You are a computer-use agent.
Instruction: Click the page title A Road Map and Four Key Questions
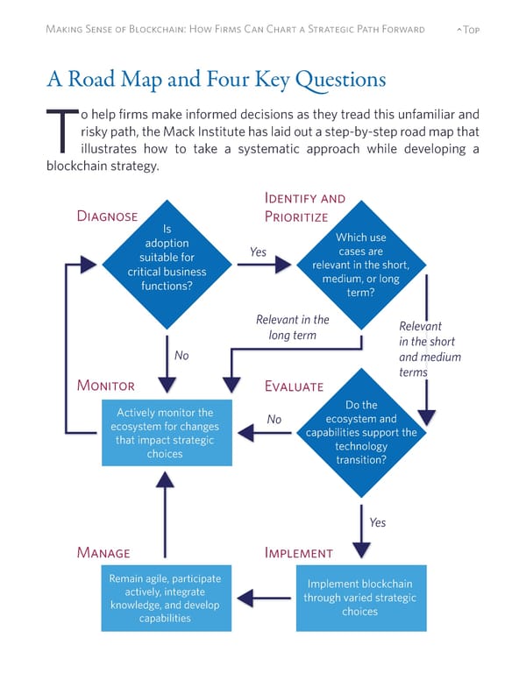pyautogui.click(x=216, y=80)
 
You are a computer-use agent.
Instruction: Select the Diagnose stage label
pyautogui.click(x=107, y=216)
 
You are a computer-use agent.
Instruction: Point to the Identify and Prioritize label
pyautogui.click(x=304, y=208)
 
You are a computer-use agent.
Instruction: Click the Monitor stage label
pyautogui.click(x=106, y=386)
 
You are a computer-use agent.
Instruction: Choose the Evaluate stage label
pyautogui.click(x=294, y=386)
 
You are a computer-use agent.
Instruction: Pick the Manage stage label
pyautogui.click(x=103, y=553)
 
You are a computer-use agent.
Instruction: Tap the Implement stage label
pyautogui.click(x=298, y=553)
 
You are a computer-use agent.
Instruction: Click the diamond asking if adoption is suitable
pyautogui.click(x=167, y=264)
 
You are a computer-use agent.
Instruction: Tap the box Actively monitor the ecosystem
pyautogui.click(x=165, y=433)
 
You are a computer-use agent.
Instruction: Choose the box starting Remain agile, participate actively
pyautogui.click(x=165, y=599)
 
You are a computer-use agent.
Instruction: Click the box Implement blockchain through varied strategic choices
pyautogui.click(x=360, y=599)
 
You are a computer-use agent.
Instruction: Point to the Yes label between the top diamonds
pyautogui.click(x=258, y=252)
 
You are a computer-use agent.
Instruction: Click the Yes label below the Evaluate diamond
pyautogui.click(x=377, y=522)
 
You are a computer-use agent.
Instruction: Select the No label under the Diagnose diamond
pyautogui.click(x=181, y=355)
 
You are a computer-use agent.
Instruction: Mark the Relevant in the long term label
pyautogui.click(x=292, y=327)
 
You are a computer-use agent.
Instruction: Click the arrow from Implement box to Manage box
pyautogui.click(x=264, y=599)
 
